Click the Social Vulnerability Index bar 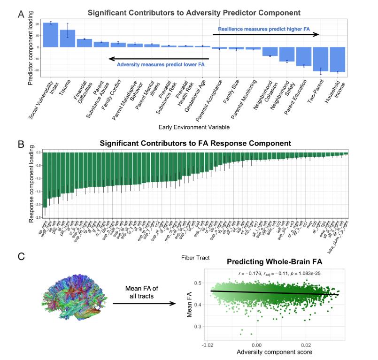51,35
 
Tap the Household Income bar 338,59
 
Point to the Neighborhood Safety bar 287,54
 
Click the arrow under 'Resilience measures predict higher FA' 266,35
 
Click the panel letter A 21,15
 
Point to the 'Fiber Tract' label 194,257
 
